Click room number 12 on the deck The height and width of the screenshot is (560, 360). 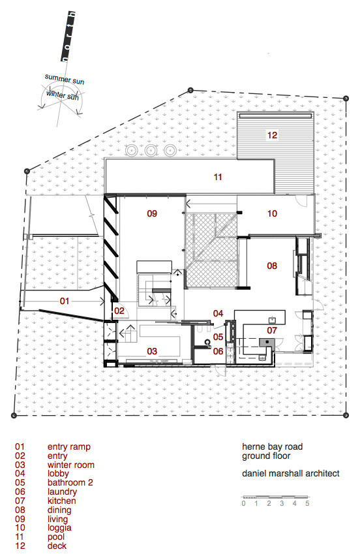click(x=271, y=136)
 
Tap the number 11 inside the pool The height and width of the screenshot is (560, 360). click(x=218, y=176)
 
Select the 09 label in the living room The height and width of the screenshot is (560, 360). click(x=152, y=213)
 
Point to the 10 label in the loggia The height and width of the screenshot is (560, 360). click(x=271, y=213)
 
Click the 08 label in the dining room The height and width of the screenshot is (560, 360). click(x=272, y=266)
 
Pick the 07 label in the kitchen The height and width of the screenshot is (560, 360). click(x=272, y=330)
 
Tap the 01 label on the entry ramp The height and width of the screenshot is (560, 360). click(x=64, y=301)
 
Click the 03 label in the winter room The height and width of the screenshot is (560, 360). click(x=152, y=351)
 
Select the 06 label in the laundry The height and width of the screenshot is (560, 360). click(x=218, y=351)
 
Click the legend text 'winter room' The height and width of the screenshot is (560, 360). click(x=68, y=465)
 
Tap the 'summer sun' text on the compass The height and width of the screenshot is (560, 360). click(x=65, y=78)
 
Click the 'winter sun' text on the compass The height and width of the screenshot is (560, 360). click(x=62, y=95)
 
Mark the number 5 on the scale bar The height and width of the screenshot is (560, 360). click(x=307, y=503)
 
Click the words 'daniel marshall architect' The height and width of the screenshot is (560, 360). click(x=290, y=473)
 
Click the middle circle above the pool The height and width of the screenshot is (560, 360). click(x=151, y=150)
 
